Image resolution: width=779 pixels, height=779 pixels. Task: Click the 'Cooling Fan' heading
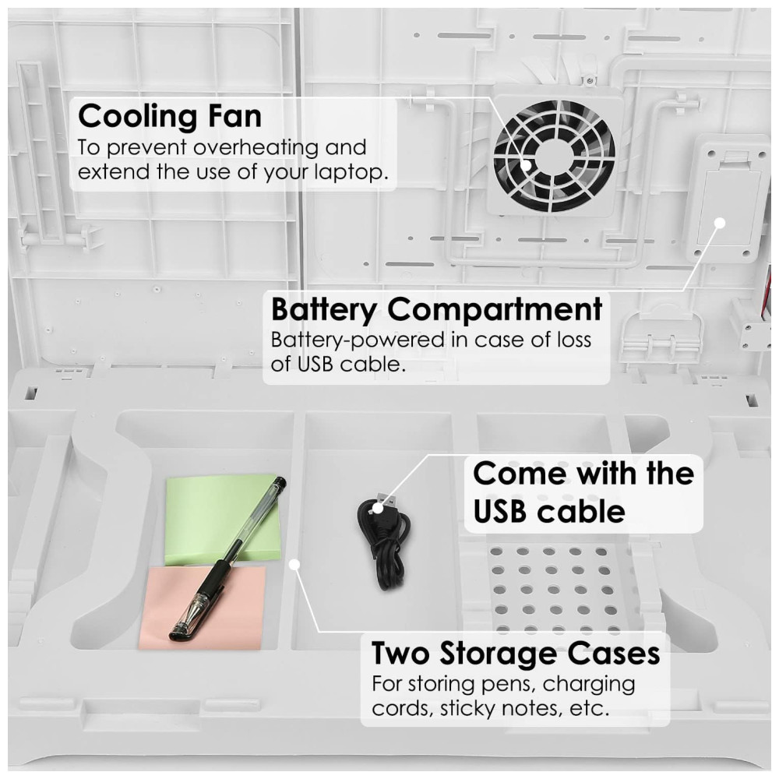170,116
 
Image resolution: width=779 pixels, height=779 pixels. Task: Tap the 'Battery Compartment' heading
437,309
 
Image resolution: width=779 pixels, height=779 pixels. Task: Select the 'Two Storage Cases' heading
516,653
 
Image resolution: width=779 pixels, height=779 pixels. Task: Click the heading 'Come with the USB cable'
583,492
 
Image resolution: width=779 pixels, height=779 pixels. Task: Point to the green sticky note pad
221,520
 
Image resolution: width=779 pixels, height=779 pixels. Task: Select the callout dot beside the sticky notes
295,565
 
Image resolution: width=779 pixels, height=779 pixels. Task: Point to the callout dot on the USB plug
378,508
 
